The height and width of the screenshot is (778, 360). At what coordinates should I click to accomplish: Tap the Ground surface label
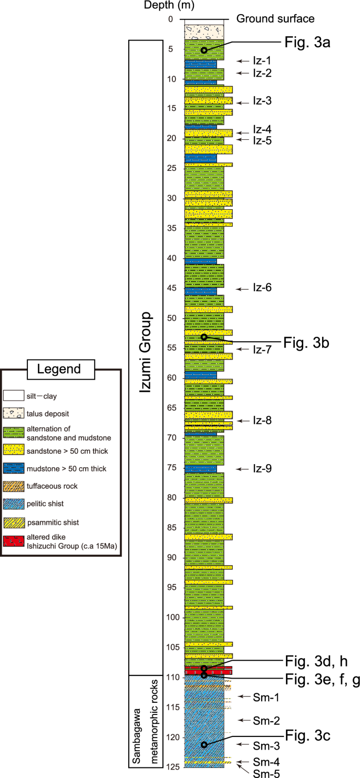(275, 19)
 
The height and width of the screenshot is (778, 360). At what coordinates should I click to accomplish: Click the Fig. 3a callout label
(307, 43)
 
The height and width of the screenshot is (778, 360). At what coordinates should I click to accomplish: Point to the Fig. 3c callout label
(307, 736)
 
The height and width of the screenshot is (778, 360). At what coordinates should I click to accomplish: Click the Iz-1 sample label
(262, 61)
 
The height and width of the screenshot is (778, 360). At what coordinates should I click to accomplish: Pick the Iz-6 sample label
(262, 288)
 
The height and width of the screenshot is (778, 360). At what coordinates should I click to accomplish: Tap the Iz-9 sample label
(262, 468)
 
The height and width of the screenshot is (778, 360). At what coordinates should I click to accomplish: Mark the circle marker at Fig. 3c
(204, 744)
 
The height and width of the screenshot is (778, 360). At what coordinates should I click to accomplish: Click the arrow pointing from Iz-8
(243, 421)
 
